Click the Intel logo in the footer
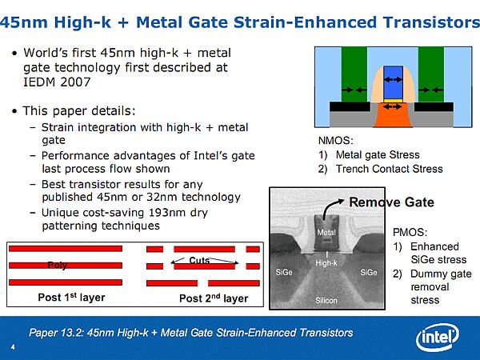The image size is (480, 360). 437,338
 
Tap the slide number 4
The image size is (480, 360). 13,347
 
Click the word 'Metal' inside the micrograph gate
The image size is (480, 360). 326,233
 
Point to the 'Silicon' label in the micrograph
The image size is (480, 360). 326,301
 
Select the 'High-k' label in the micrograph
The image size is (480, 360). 326,263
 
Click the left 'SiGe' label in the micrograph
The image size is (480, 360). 284,272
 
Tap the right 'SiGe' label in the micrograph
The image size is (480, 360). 369,272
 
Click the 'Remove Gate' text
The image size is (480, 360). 391,202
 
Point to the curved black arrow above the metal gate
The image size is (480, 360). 330,206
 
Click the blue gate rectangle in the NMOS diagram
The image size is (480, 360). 393,82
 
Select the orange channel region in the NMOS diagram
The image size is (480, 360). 393,114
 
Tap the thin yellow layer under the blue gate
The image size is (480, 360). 393,101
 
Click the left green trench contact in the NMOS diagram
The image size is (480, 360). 354,74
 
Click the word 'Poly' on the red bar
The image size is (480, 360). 58,265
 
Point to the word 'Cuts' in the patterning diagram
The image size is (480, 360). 199,260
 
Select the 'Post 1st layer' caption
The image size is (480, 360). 71,298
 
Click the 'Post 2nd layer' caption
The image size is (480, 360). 214,298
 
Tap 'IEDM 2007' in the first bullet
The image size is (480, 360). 57,82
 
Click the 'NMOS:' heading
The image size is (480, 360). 336,141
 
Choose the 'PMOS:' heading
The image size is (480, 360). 410,232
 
